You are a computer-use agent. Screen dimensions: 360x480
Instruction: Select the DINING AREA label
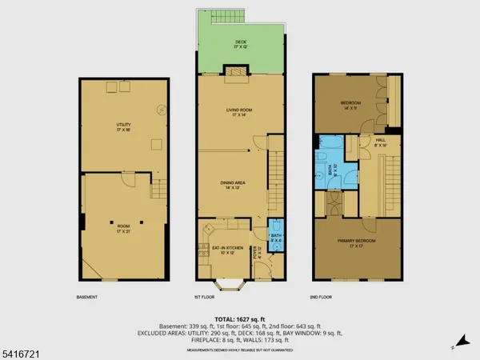pyautogui.click(x=237, y=184)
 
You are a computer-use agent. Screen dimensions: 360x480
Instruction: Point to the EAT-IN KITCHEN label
pyautogui.click(x=226, y=250)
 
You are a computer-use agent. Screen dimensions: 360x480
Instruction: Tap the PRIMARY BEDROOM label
pyautogui.click(x=355, y=242)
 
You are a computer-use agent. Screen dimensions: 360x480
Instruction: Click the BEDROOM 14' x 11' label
pyautogui.click(x=350, y=104)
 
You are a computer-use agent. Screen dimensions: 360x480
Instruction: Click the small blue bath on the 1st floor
pyautogui.click(x=277, y=237)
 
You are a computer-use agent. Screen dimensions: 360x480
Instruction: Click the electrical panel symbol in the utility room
pyautogui.click(x=163, y=110)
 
